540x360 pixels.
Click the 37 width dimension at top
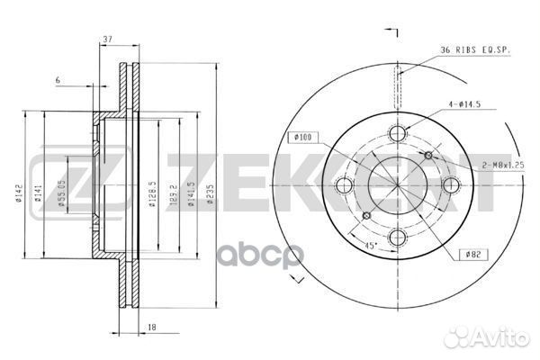pos(107,40)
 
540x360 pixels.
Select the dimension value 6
pos(58,81)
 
